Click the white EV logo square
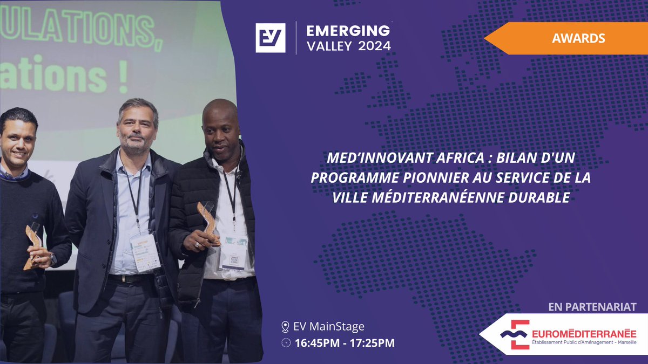(x=270, y=38)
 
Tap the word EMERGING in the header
(x=348, y=30)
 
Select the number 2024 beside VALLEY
(x=374, y=46)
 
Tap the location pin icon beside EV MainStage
(x=285, y=327)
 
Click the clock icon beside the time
(x=285, y=343)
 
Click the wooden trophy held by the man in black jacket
(x=207, y=221)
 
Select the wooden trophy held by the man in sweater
(x=33, y=245)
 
